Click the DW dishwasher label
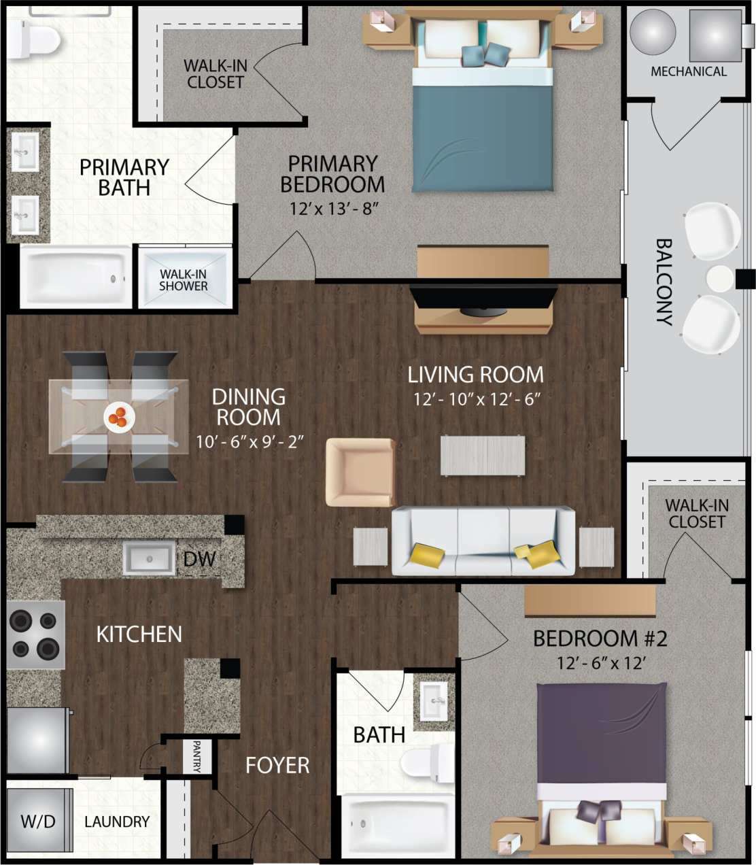(199, 559)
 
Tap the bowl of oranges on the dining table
(120, 416)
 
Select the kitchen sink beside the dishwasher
(149, 558)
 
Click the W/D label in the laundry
(38, 821)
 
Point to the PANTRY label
(196, 756)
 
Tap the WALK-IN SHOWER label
(184, 280)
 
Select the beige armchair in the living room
(360, 472)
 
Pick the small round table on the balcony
(719, 279)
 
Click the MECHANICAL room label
(688, 71)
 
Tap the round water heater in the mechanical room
(653, 32)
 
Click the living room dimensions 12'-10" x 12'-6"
(477, 399)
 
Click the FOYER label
(277, 765)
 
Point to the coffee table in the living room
(483, 455)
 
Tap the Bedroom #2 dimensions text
(601, 663)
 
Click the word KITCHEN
(139, 634)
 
